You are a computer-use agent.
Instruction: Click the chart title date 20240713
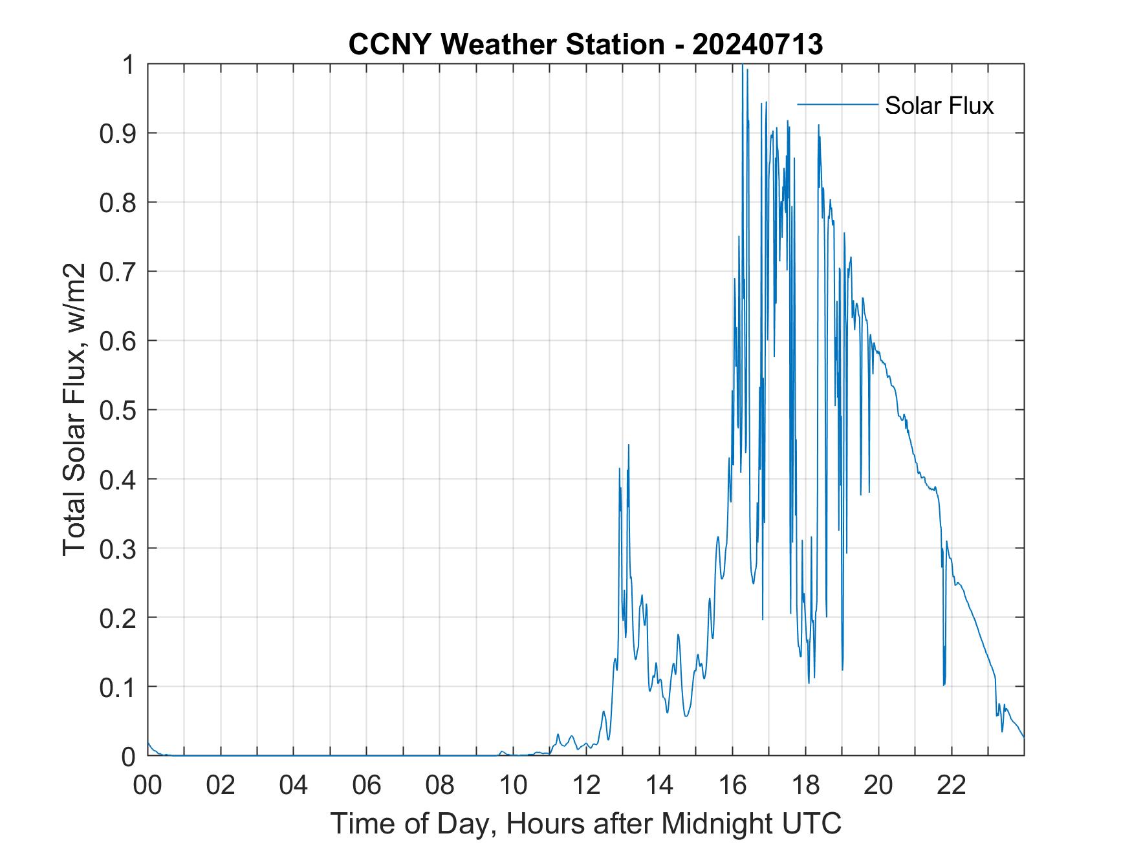[x=757, y=45]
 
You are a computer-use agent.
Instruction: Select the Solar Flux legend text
[x=939, y=105]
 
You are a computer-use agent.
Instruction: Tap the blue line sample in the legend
[x=838, y=104]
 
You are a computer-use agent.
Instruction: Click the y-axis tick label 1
[x=130, y=65]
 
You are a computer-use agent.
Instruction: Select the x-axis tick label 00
[x=147, y=785]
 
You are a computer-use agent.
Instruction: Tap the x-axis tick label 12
[x=586, y=785]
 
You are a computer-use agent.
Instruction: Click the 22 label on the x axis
[x=952, y=785]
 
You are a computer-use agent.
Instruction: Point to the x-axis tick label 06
[x=367, y=785]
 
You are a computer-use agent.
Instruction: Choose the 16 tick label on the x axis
[x=732, y=785]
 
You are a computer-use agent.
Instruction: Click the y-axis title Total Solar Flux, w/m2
[x=75, y=410]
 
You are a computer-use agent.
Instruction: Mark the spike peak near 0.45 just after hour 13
[x=628, y=445]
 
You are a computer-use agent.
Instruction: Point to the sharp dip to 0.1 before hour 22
[x=944, y=684]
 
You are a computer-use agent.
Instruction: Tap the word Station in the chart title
[x=615, y=45]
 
